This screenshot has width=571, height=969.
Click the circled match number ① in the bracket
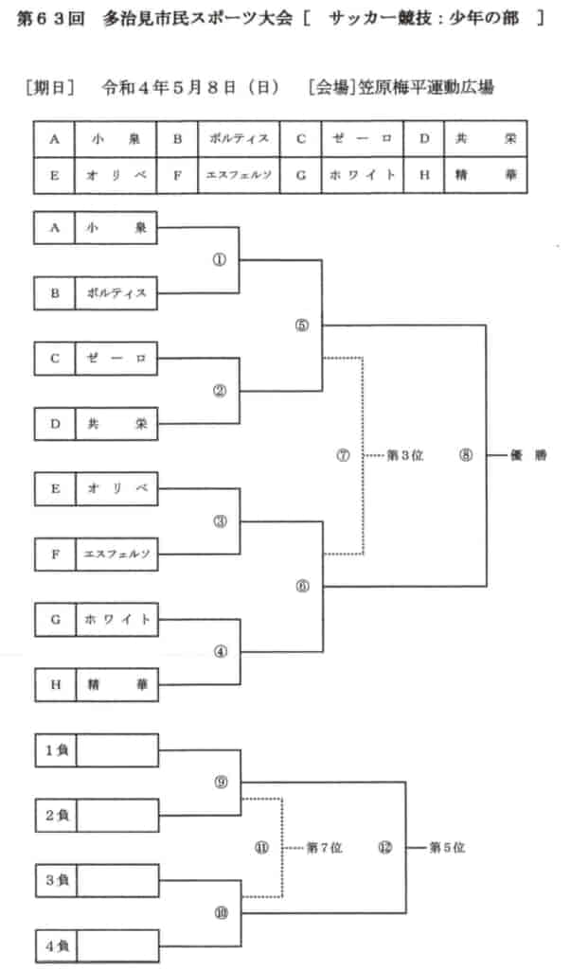[220, 260]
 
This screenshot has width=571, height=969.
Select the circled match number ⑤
[302, 326]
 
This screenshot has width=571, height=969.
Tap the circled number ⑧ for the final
[466, 455]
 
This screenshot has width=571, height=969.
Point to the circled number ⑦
[344, 456]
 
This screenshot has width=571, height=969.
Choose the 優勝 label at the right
[528, 455]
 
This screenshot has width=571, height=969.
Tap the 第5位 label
[447, 847]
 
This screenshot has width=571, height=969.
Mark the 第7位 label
[324, 848]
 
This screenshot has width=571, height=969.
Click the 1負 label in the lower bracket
[56, 750]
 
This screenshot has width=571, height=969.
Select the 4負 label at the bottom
[57, 946]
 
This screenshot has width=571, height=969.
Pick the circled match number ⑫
[385, 848]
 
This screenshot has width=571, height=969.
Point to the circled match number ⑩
[221, 913]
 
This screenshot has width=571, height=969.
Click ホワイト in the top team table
[362, 175]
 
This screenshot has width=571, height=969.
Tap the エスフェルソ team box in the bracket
[116, 555]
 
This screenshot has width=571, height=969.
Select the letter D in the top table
[424, 139]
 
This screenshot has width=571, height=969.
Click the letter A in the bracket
[54, 228]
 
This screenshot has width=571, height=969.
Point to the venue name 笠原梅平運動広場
[426, 88]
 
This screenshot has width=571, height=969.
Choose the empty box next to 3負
[117, 881]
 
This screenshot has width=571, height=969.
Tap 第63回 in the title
[51, 18]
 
